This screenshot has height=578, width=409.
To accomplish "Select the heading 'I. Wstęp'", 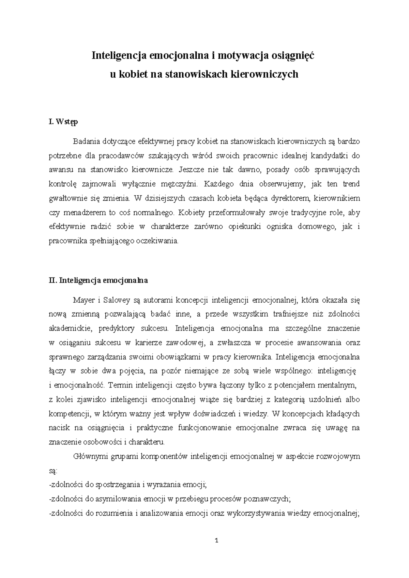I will click(63, 122).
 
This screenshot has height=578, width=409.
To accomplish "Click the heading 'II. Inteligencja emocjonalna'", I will click(98, 280).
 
